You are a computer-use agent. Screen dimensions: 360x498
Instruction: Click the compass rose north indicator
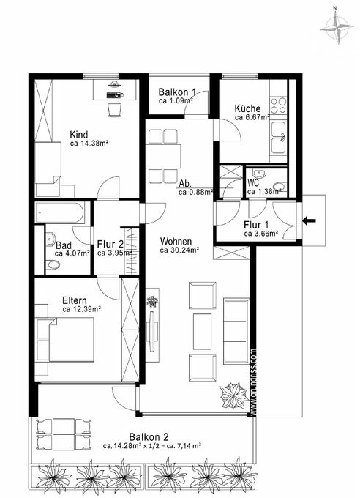(337, 27)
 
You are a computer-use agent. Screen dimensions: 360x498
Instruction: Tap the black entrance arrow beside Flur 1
(309, 220)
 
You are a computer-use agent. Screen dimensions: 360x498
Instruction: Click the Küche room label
(247, 108)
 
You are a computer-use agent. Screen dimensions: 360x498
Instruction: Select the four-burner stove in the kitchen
(278, 105)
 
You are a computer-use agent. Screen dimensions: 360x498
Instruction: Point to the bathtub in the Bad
(59, 212)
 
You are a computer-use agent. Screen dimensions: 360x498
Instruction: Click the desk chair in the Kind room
(115, 110)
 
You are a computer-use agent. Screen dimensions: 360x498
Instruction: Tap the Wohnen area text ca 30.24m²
(179, 250)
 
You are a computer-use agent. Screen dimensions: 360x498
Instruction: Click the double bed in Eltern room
(65, 339)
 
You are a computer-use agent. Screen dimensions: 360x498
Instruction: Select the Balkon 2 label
(149, 437)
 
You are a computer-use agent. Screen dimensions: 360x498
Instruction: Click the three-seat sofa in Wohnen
(236, 331)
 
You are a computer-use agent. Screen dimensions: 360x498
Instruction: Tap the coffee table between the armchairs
(202, 332)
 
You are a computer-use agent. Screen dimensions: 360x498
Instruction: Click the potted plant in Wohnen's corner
(235, 395)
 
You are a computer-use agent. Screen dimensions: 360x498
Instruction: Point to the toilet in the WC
(280, 187)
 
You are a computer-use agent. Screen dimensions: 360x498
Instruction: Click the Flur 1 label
(256, 225)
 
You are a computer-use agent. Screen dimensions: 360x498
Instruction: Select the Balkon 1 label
(177, 92)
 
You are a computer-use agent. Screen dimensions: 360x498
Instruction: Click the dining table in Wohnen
(163, 156)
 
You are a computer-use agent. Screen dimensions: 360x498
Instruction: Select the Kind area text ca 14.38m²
(89, 144)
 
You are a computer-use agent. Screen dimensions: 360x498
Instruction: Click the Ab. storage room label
(185, 184)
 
